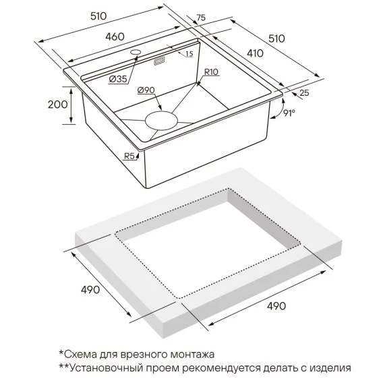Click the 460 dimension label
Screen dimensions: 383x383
coord(115,36)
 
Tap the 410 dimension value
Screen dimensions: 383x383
coord(255,53)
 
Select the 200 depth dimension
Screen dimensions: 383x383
coord(57,105)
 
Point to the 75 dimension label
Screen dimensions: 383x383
coord(201,18)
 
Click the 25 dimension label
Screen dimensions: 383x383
coord(304,93)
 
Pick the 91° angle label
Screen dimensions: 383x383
coord(289,113)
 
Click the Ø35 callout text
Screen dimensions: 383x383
coord(118,79)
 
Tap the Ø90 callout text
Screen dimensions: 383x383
coord(146,90)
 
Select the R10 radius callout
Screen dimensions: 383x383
coord(211,72)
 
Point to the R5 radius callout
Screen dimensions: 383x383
coord(129,156)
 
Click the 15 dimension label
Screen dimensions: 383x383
coord(189,54)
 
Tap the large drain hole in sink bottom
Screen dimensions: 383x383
coord(161,121)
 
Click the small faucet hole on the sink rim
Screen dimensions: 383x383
coord(136,52)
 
